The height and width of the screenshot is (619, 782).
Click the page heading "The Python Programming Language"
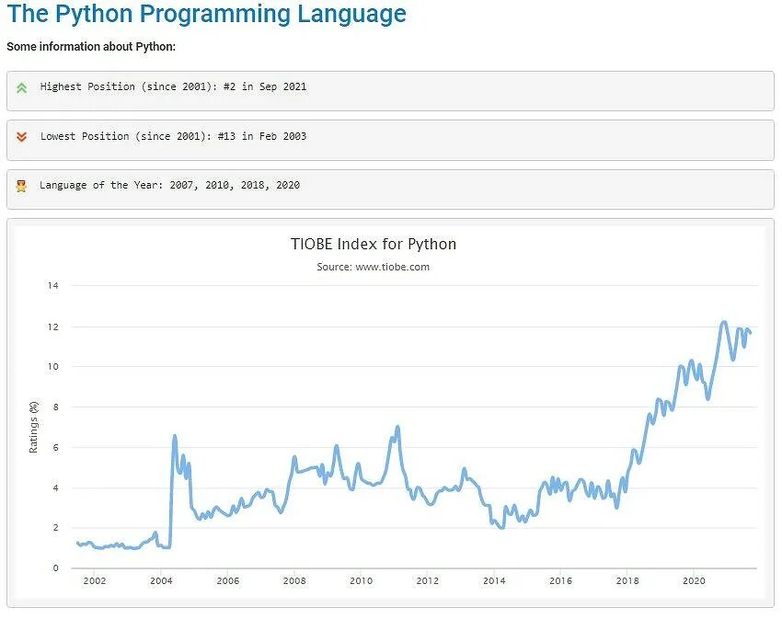tap(206, 15)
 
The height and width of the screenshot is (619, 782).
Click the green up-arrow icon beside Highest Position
tap(22, 87)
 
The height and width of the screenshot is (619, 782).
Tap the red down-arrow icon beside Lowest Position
tap(22, 137)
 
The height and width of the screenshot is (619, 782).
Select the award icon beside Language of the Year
tap(21, 186)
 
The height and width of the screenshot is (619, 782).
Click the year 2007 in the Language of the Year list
tap(182, 185)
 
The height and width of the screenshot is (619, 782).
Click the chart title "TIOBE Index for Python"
tap(374, 244)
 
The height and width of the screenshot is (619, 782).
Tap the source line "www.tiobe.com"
tap(393, 267)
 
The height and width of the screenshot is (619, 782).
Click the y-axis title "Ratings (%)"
tap(34, 427)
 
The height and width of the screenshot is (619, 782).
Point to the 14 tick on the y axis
tap(52, 286)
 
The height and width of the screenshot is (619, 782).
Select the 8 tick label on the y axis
tap(55, 407)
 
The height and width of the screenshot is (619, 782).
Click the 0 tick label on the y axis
tap(55, 568)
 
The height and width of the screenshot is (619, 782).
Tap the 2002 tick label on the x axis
tap(95, 581)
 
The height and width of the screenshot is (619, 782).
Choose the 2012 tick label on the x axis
tap(428, 581)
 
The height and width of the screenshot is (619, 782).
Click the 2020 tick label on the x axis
tap(694, 581)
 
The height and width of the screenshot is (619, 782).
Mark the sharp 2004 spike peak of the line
tap(175, 436)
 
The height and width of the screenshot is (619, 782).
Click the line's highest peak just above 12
tap(724, 322)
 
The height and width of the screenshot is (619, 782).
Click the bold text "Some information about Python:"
tap(91, 46)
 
